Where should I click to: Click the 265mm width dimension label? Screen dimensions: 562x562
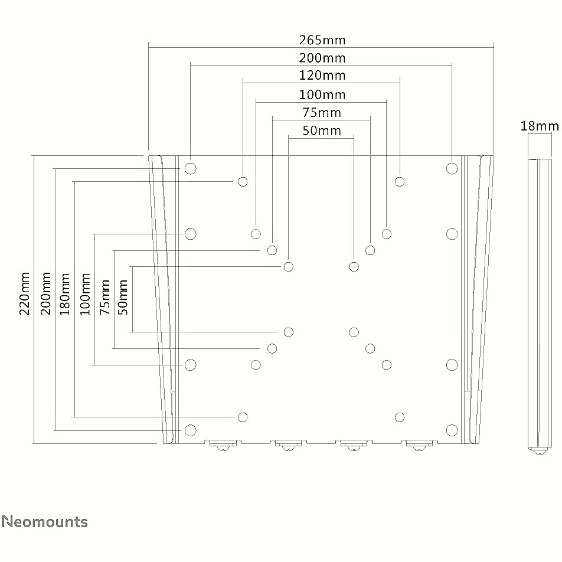click(x=322, y=40)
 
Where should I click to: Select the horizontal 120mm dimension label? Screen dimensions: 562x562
click(x=322, y=76)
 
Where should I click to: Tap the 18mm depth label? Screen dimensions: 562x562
click(x=540, y=126)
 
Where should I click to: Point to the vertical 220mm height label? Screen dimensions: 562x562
click(x=24, y=293)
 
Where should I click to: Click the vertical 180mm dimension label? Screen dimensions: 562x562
click(x=64, y=294)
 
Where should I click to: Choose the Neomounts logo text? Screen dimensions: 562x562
click(x=45, y=521)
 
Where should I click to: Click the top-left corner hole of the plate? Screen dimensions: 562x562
click(x=190, y=168)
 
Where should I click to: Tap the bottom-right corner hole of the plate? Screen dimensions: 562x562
click(x=452, y=430)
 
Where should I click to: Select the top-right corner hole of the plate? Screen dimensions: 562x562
click(x=452, y=168)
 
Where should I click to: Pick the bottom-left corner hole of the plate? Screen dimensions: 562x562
click(x=190, y=430)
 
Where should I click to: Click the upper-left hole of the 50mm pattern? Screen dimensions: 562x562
click(x=289, y=267)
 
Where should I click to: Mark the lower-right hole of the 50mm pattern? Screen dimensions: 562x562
click(x=354, y=332)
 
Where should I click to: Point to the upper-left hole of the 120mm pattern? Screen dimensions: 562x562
click(x=243, y=181)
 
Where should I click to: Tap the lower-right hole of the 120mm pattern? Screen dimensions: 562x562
click(x=400, y=417)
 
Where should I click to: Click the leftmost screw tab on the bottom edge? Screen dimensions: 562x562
click(x=223, y=445)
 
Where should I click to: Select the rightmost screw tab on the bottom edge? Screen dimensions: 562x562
click(x=419, y=445)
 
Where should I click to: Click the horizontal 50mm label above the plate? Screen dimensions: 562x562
click(x=322, y=130)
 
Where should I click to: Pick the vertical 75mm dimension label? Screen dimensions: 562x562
click(x=104, y=297)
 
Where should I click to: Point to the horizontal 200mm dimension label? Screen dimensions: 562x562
click(x=322, y=58)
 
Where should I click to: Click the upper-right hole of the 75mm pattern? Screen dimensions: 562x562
click(x=370, y=250)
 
